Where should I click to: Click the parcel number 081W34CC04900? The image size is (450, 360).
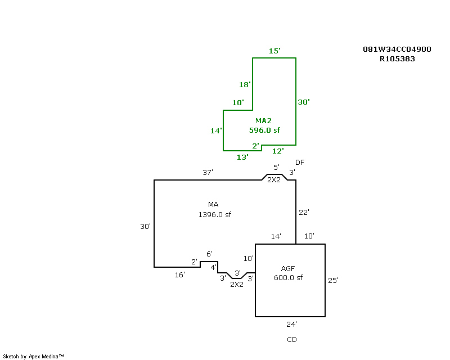tap(397, 49)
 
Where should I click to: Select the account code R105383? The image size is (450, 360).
tap(397, 59)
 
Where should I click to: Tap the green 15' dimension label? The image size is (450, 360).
tap(274, 51)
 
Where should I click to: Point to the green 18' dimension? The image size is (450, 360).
tap(245, 84)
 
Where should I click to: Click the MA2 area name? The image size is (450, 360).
tap(263, 120)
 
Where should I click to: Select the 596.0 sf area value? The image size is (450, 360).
tap(264, 130)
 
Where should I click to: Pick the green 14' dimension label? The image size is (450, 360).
tap(216, 130)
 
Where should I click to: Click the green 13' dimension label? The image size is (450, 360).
tap(242, 157)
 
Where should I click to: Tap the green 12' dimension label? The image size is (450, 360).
tap(278, 151)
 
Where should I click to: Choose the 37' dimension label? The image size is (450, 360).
tap(208, 172)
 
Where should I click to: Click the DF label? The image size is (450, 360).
tap(300, 163)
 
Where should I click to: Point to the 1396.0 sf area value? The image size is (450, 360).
tap(215, 214)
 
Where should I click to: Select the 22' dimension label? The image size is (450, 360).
tap(304, 212)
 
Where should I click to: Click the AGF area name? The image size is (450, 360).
tap(288, 268)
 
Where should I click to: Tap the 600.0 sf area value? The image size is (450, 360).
tap(288, 278)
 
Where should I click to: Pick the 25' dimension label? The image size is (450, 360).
tap(333, 280)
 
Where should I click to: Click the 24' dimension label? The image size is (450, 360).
tap(291, 324)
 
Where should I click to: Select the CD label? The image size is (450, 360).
tap(291, 340)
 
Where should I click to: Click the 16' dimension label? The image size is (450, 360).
tap(180, 274)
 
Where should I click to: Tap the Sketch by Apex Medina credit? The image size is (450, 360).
tap(33, 356)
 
